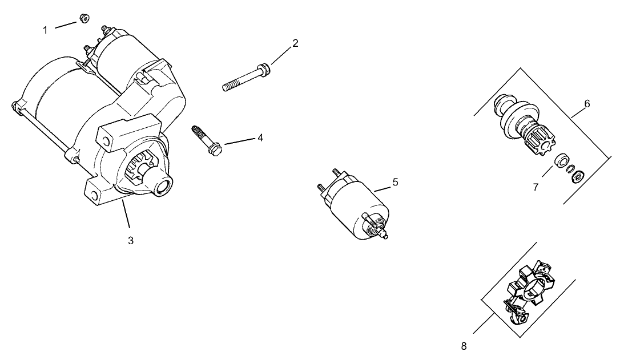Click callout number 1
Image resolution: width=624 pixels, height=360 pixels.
(46, 30)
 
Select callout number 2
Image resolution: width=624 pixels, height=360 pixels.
(295, 43)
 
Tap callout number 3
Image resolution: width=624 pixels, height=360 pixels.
(130, 241)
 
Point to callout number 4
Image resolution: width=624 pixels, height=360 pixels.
(260, 137)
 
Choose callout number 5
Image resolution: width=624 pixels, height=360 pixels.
(394, 182)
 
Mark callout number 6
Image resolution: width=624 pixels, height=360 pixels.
(586, 104)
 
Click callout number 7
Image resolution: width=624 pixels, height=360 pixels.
(536, 187)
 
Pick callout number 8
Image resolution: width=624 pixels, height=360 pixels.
(464, 346)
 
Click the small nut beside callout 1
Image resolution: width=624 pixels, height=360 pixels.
(84, 19)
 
